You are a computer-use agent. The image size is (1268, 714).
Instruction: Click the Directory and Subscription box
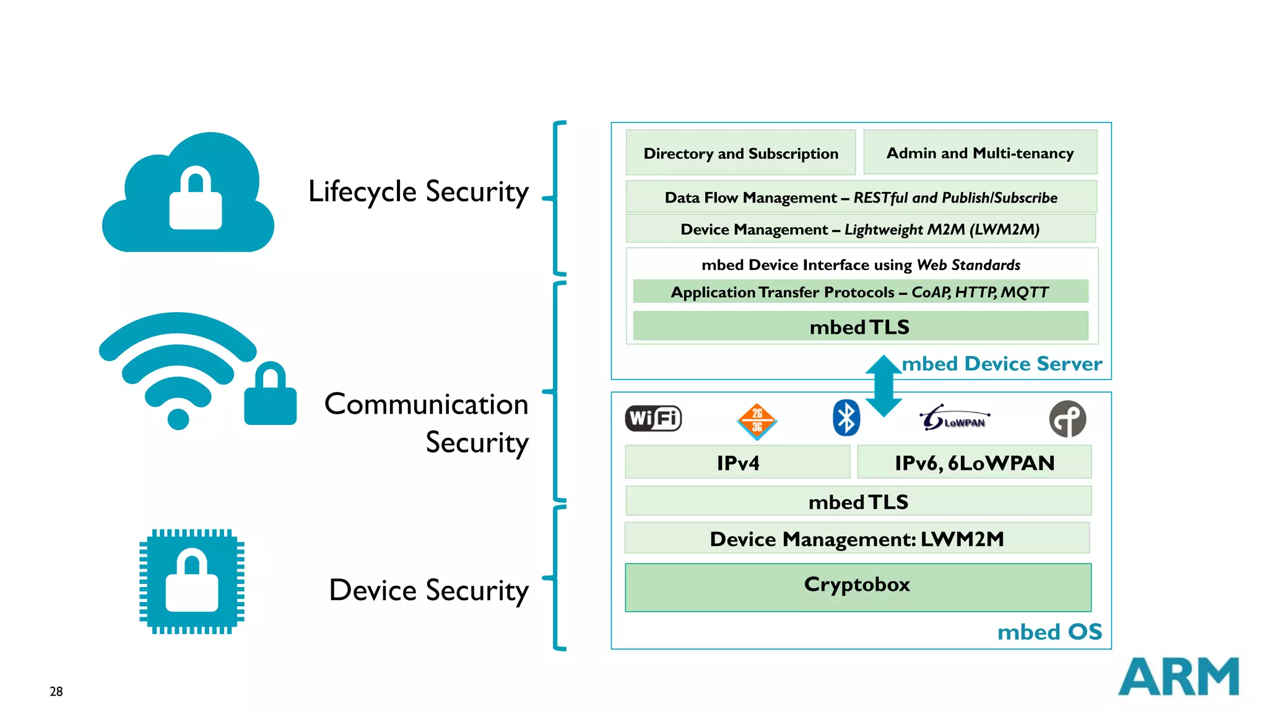740,152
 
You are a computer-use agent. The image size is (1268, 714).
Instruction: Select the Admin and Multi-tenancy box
980,152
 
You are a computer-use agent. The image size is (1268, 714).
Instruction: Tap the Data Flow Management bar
861,197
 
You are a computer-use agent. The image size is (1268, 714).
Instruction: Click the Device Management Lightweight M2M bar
861,229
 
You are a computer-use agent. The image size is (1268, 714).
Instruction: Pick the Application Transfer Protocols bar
861,292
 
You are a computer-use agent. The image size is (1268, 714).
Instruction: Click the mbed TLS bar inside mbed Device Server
861,326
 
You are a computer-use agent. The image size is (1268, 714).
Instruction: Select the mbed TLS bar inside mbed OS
858,501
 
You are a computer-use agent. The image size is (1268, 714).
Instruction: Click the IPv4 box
737,462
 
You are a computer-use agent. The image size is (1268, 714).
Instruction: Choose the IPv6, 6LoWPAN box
974,462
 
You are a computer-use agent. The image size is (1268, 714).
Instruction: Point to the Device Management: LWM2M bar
857,538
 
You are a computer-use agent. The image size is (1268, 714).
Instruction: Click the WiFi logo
653,419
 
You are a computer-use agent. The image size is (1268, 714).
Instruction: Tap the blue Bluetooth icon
846,418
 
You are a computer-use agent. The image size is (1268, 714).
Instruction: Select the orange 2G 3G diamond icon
757,421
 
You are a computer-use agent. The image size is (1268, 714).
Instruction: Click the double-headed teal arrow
884,385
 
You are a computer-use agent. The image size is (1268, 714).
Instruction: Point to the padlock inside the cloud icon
196,199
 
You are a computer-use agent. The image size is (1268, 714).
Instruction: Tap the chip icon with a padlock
192,581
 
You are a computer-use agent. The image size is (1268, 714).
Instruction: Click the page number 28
56,691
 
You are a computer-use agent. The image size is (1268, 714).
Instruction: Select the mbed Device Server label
1001,364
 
